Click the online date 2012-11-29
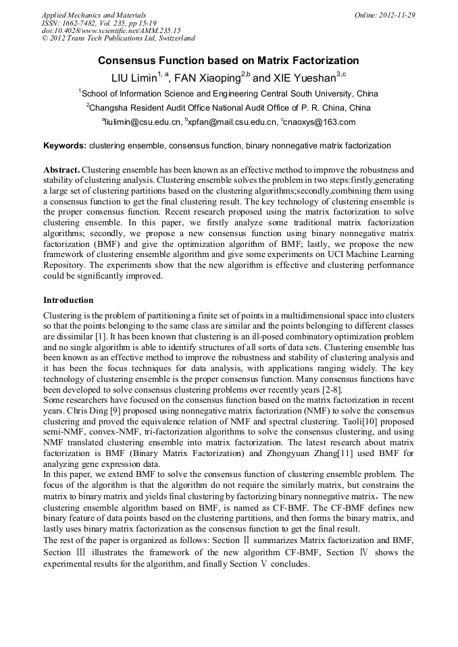396,15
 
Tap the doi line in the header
111,31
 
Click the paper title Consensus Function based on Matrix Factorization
228,61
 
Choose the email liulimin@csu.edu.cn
143,122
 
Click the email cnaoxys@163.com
320,122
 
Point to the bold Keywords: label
65,146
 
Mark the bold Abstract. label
61,169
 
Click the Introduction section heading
68,300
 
